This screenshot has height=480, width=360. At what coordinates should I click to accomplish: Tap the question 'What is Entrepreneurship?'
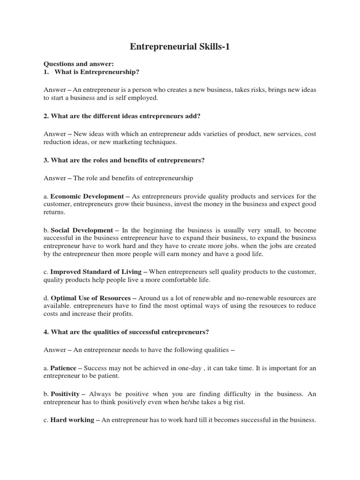tap(97, 72)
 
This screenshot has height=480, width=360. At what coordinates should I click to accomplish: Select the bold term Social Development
tap(82, 230)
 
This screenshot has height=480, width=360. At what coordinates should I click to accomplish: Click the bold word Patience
tap(63, 368)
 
